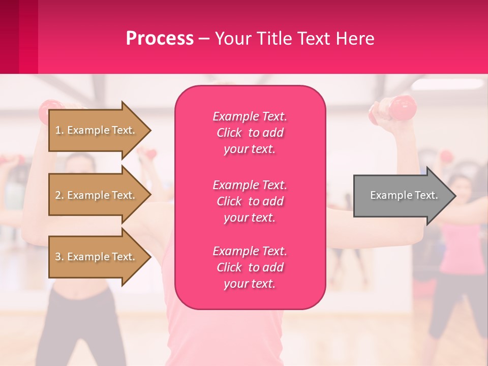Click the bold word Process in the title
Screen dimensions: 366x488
click(x=160, y=39)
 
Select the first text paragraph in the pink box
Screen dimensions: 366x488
click(x=250, y=133)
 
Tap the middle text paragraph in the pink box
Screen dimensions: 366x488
click(x=250, y=201)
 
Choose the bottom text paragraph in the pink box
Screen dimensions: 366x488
click(x=250, y=267)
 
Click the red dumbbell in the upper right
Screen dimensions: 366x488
click(x=402, y=108)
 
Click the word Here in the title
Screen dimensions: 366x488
click(x=355, y=39)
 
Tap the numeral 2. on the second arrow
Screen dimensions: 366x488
click(x=59, y=195)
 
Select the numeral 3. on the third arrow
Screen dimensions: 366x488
click(x=59, y=257)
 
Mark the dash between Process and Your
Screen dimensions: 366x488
click(x=204, y=39)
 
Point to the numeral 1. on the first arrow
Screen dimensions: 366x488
click(x=59, y=130)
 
